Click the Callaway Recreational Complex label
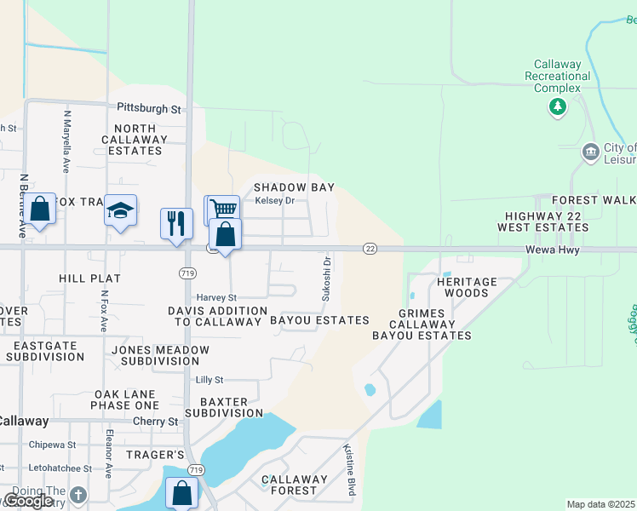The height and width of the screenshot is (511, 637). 558,76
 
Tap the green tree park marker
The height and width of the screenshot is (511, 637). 558,106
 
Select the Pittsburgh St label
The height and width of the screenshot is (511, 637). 149,109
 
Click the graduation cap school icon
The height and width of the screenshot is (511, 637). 120,210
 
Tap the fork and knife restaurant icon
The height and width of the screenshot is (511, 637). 176,223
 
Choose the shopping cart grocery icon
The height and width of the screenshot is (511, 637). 223,209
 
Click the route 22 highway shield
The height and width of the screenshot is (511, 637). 370,248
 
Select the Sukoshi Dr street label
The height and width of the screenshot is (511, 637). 325,279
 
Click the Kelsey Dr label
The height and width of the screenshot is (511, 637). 275,201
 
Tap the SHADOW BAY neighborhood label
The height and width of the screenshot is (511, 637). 294,187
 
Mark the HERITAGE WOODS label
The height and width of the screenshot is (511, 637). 468,287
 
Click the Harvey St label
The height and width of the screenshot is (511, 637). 216,297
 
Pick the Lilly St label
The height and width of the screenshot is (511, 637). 209,380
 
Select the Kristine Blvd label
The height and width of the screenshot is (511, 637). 349,469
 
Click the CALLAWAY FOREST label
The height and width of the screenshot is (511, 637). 294,485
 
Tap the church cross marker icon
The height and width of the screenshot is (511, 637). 78,495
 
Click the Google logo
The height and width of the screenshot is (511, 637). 28,501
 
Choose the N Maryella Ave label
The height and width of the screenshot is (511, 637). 66,141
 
